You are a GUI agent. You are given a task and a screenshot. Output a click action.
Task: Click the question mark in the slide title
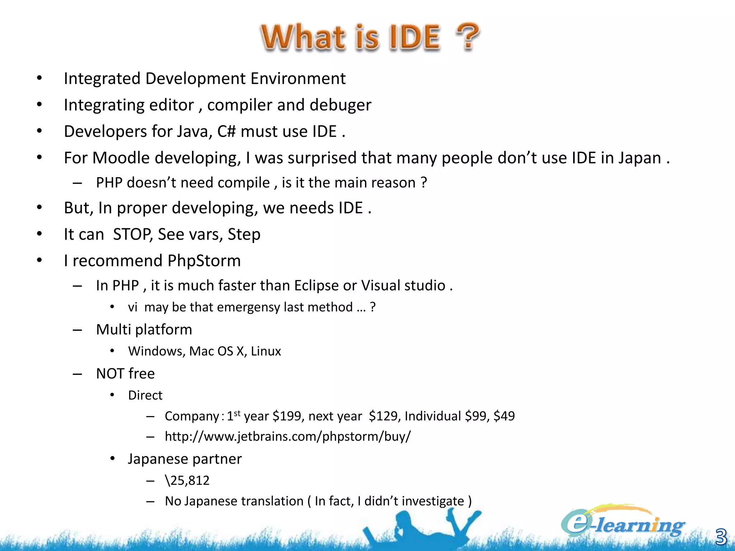(x=468, y=37)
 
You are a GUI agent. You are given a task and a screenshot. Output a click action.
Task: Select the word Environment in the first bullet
(x=298, y=79)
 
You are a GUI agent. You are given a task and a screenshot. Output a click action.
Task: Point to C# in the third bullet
(x=226, y=132)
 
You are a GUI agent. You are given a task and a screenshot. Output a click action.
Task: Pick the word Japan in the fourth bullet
(x=640, y=158)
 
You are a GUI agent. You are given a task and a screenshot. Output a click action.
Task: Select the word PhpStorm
(x=204, y=261)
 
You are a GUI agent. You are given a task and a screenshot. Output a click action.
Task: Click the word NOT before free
(x=110, y=374)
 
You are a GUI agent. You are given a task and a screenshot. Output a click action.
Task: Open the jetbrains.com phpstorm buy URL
(x=287, y=437)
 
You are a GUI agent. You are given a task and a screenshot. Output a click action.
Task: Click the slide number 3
(x=721, y=537)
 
